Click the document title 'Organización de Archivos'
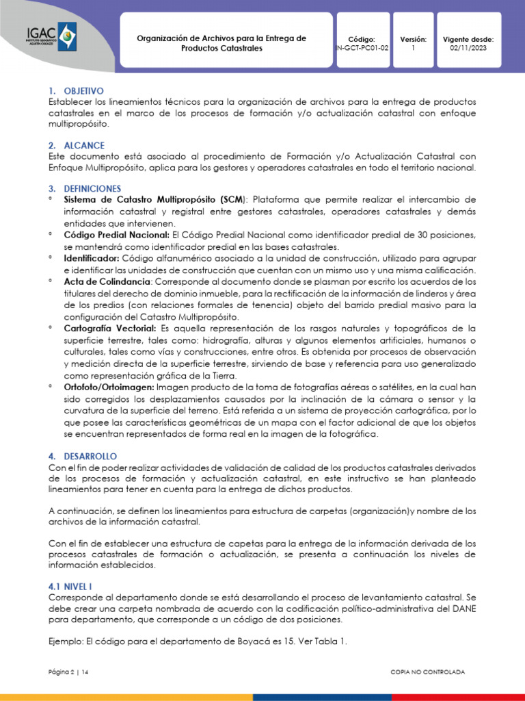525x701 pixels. pos(221,38)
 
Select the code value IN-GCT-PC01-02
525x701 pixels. pos(362,49)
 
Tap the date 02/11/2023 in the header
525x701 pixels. pos(468,49)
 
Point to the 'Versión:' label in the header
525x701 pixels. pos(413,40)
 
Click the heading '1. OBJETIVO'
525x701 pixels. pos(75,90)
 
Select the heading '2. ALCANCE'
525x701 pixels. pos(76,145)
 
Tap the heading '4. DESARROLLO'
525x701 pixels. pos(82,456)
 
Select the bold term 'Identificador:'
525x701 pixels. pos(92,258)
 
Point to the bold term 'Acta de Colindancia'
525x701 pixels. pos(107,281)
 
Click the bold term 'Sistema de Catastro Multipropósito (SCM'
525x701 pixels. pos(153,199)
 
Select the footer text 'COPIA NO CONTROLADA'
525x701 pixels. pos(427,672)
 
